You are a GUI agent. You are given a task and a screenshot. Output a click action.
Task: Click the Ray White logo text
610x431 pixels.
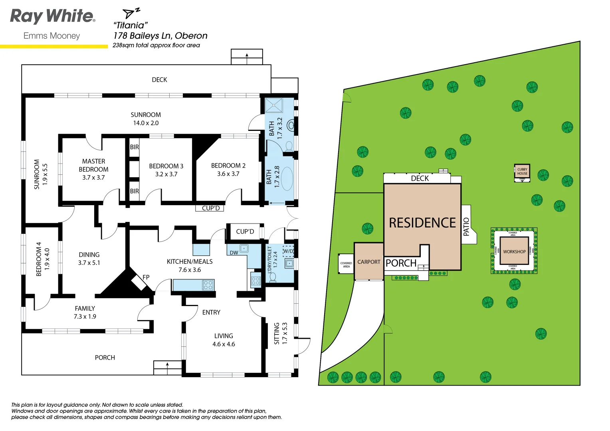pyautogui.click(x=52, y=16)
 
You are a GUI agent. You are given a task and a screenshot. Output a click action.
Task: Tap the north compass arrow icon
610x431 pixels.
pyautogui.click(x=130, y=13)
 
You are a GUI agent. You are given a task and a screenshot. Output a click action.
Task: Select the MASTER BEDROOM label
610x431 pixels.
pyautogui.click(x=93, y=165)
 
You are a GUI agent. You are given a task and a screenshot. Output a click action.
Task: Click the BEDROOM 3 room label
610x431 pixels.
pyautogui.click(x=166, y=166)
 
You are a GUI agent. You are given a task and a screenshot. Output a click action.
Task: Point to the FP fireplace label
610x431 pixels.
pyautogui.click(x=146, y=277)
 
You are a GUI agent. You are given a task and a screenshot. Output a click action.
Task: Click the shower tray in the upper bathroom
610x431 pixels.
pyautogui.click(x=274, y=106)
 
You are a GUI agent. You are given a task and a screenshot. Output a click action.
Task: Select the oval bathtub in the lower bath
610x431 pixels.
pyautogui.click(x=287, y=178)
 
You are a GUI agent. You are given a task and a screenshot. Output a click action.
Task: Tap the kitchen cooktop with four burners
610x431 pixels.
pyautogui.click(x=208, y=285)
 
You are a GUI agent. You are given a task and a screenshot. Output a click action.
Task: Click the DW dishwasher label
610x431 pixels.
pyautogui.click(x=234, y=253)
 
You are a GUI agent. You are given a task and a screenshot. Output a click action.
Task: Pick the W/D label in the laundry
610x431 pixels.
pyautogui.click(x=288, y=251)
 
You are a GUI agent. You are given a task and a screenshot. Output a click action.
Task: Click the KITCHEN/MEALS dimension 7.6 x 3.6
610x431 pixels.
pyautogui.click(x=190, y=270)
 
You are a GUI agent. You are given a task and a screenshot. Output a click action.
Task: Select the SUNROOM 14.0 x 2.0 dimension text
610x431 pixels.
pyautogui.click(x=146, y=123)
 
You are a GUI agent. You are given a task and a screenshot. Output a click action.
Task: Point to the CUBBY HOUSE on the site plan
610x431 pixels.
pyautogui.click(x=522, y=172)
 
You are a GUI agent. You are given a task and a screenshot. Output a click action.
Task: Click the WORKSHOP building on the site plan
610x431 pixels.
pyautogui.click(x=514, y=251)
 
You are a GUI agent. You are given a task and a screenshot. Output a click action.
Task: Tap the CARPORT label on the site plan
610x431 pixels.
pyautogui.click(x=368, y=262)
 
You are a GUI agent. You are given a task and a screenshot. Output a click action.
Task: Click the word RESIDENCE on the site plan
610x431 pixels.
pyautogui.click(x=422, y=223)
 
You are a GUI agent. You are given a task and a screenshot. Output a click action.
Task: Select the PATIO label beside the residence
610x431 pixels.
pyautogui.click(x=466, y=227)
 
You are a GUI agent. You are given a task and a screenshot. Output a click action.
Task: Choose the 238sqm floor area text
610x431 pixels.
pyautogui.click(x=156, y=45)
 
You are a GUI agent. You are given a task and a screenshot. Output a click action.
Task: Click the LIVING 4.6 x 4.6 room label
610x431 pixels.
pyautogui.click(x=224, y=340)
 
